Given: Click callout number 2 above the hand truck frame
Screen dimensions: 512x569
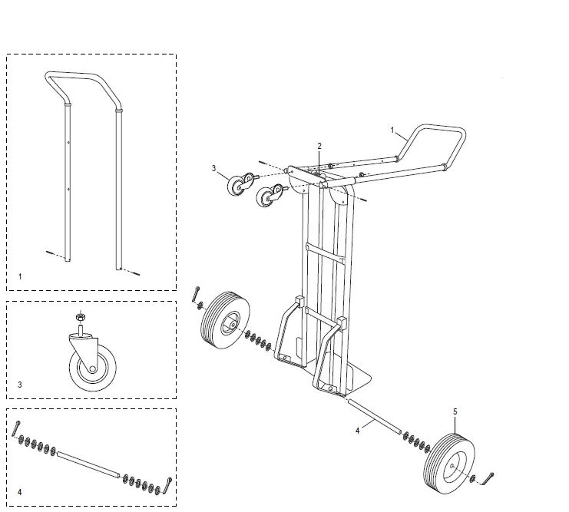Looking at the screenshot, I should (319, 146).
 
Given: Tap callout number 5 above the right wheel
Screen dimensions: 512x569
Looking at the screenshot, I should (455, 412).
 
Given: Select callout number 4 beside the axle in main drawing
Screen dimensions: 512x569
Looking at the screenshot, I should (357, 431).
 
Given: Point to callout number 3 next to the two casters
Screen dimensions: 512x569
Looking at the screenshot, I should (215, 168).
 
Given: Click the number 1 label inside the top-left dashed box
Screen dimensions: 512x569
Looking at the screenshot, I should (20, 274).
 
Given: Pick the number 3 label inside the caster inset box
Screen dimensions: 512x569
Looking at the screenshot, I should (19, 384).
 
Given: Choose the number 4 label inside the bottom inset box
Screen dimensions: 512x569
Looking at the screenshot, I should (20, 491).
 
